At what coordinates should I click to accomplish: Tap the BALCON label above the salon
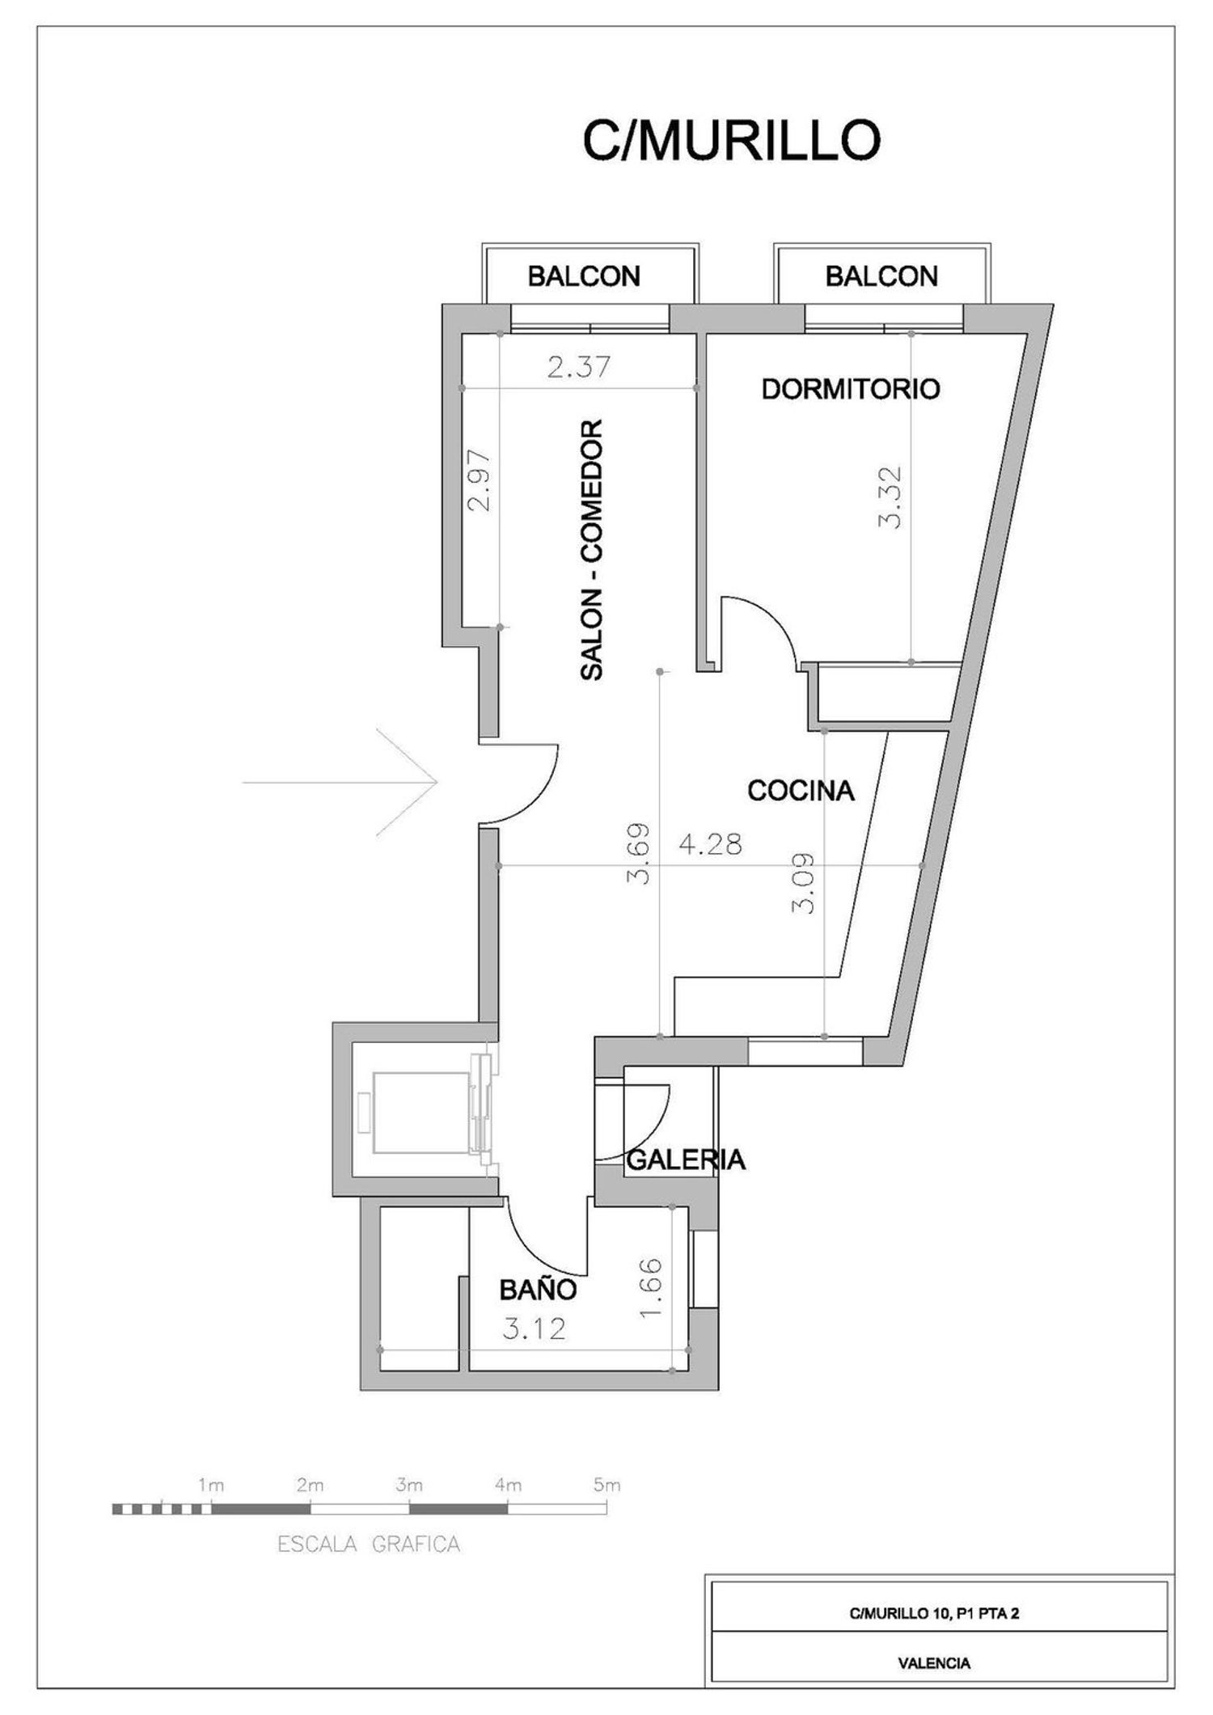point(584,277)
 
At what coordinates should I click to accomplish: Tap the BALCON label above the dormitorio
point(881,277)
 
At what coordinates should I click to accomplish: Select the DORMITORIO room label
point(851,389)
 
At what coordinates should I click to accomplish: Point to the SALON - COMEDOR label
point(593,549)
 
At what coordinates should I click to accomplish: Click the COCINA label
point(801,790)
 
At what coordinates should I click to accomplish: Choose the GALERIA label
point(686,1160)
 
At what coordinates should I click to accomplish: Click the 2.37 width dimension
point(578,368)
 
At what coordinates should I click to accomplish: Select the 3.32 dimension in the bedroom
point(890,497)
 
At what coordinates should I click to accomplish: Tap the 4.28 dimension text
point(710,845)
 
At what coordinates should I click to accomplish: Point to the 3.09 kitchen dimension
point(803,884)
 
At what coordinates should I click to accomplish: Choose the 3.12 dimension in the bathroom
point(534,1328)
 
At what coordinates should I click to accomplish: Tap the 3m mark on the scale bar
point(409,1485)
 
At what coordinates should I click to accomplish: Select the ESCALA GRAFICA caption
point(369,1544)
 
